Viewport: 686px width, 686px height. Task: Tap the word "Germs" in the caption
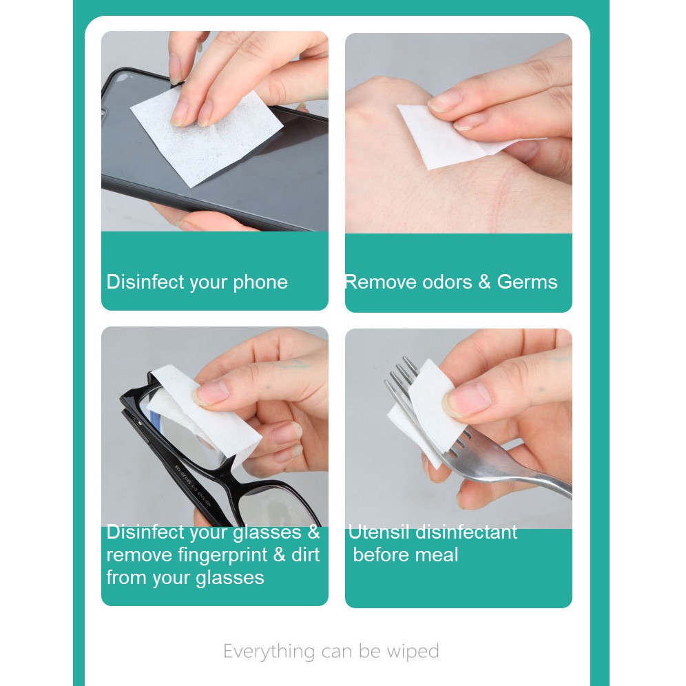tap(527, 282)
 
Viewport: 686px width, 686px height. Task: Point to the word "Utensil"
tap(379, 532)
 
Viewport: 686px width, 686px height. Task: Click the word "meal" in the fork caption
tap(437, 554)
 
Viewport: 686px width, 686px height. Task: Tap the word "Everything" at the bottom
tap(269, 652)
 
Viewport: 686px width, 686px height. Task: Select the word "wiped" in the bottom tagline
tap(413, 652)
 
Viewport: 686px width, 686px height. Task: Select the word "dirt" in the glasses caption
tap(305, 554)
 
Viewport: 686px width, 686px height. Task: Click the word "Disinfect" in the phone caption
tap(145, 282)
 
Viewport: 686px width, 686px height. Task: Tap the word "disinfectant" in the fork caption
tap(466, 532)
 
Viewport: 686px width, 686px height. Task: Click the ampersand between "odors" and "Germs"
tap(485, 282)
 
